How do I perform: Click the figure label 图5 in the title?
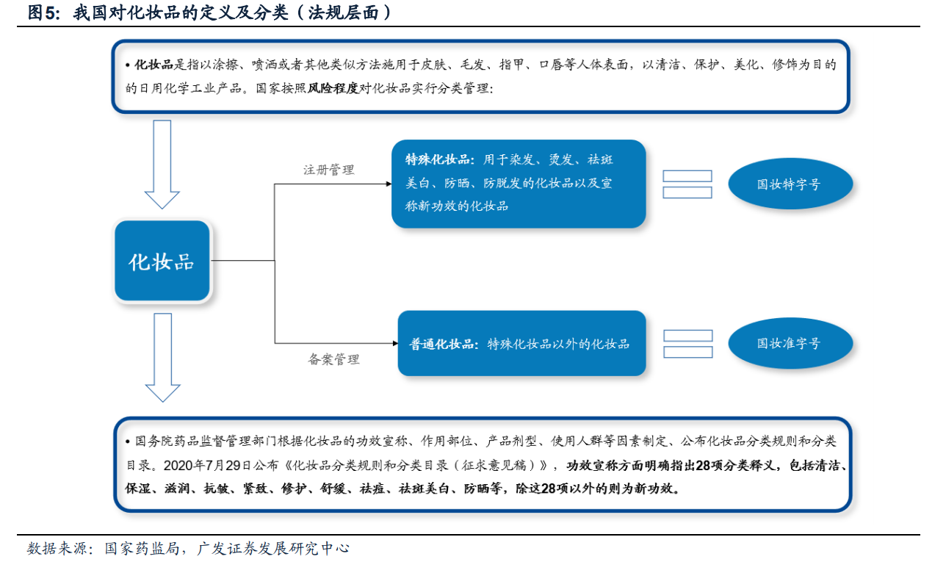coord(43,12)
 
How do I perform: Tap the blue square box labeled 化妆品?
coord(162,261)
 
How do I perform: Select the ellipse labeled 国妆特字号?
coord(790,184)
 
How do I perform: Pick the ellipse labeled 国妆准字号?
coord(790,343)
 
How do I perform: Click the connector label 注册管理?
coord(328,170)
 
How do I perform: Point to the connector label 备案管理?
coord(333,359)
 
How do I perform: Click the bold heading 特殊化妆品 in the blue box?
coord(437,159)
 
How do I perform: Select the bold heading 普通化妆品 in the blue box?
coord(441,344)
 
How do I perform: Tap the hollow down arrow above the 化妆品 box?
coord(162,165)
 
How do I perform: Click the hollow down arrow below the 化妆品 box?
coord(162,358)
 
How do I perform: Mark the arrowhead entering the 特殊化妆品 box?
coord(389,184)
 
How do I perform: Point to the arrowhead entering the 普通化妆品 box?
coord(395,343)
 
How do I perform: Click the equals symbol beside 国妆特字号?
coord(687,184)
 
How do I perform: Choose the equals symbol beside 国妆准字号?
coord(688,344)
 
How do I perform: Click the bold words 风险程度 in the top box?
coord(333,88)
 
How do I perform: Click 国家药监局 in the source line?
coord(142,548)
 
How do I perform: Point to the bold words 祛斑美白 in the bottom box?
coord(424,489)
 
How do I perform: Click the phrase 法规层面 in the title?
coord(343,12)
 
